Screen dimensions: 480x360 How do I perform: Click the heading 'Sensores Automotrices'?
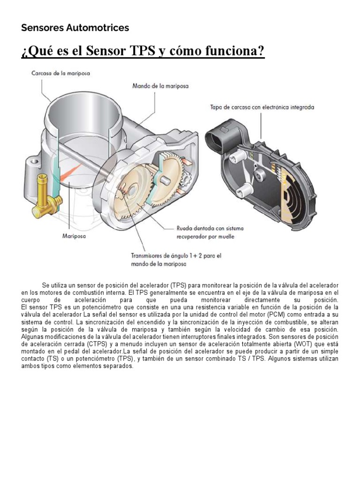(75, 28)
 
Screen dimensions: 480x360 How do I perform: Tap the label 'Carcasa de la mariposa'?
(60, 74)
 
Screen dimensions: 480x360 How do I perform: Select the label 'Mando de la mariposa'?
(160, 86)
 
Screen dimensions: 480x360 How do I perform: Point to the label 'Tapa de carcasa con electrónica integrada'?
(262, 107)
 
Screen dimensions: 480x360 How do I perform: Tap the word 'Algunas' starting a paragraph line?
(32, 336)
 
